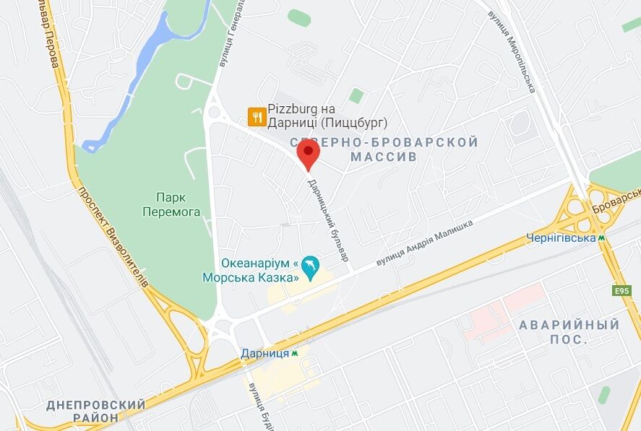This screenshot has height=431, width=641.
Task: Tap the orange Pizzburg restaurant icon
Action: point(255,116)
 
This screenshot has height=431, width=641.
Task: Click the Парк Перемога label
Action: point(171,204)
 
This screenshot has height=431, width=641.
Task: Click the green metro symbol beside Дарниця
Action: point(296,354)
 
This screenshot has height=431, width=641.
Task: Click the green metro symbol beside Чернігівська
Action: point(601,237)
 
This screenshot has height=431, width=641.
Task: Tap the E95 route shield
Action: point(621,290)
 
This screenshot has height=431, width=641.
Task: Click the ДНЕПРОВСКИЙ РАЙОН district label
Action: point(96,411)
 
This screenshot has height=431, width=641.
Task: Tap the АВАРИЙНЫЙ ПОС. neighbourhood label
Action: point(569,332)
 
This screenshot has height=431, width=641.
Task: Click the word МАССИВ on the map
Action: point(383,157)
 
